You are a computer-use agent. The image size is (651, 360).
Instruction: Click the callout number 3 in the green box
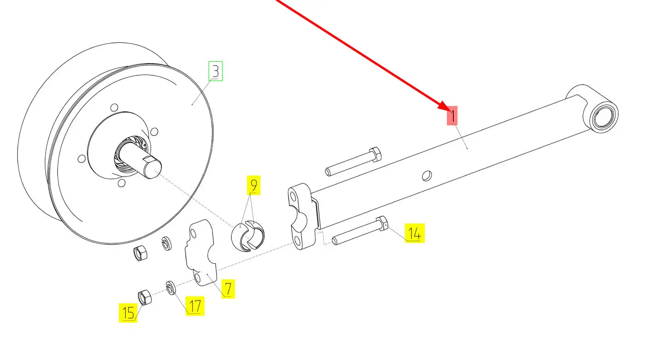coord(216,71)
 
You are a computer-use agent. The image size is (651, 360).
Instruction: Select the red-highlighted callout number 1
coord(452,116)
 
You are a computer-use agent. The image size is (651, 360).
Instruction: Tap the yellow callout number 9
coord(254,185)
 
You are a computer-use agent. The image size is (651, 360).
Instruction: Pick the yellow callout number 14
coord(415,233)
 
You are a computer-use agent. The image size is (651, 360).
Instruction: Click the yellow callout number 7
coord(228,289)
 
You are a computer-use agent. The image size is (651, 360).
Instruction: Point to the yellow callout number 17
coord(195,306)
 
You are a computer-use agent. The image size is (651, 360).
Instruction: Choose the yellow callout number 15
coord(128,313)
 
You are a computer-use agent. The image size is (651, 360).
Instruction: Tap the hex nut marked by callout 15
coord(145,297)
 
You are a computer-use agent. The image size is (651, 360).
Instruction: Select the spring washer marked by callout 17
coord(171,288)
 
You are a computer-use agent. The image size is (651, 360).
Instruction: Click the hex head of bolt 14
coord(382,223)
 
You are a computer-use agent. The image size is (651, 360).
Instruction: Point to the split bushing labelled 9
coord(248,236)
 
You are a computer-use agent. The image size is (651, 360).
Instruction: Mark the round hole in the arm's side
coord(427,176)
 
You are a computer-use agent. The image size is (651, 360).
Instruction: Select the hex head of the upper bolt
coord(375,154)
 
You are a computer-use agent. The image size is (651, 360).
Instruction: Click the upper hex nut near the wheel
coord(140,253)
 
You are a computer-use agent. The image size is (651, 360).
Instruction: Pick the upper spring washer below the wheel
coord(167,243)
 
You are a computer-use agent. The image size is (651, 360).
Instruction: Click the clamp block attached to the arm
coord(302,217)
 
